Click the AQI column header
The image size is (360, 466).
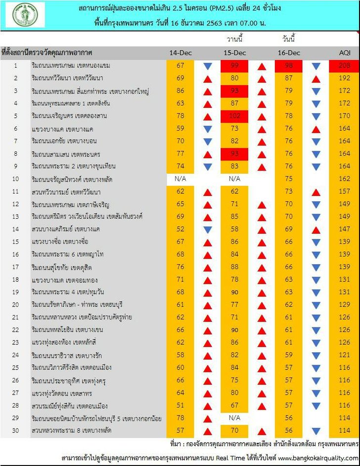click(344, 52)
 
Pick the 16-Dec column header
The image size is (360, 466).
click(289, 52)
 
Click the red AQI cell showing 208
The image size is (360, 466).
click(344, 66)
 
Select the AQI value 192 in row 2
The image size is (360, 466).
click(344, 78)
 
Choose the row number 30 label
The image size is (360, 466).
click(15, 430)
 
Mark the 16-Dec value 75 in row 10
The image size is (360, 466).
click(289, 179)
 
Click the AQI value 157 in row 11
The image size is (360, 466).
click(344, 191)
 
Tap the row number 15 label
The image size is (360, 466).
click(15, 241)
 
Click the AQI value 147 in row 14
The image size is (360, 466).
click(344, 229)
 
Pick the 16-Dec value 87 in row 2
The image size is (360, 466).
click(289, 78)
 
